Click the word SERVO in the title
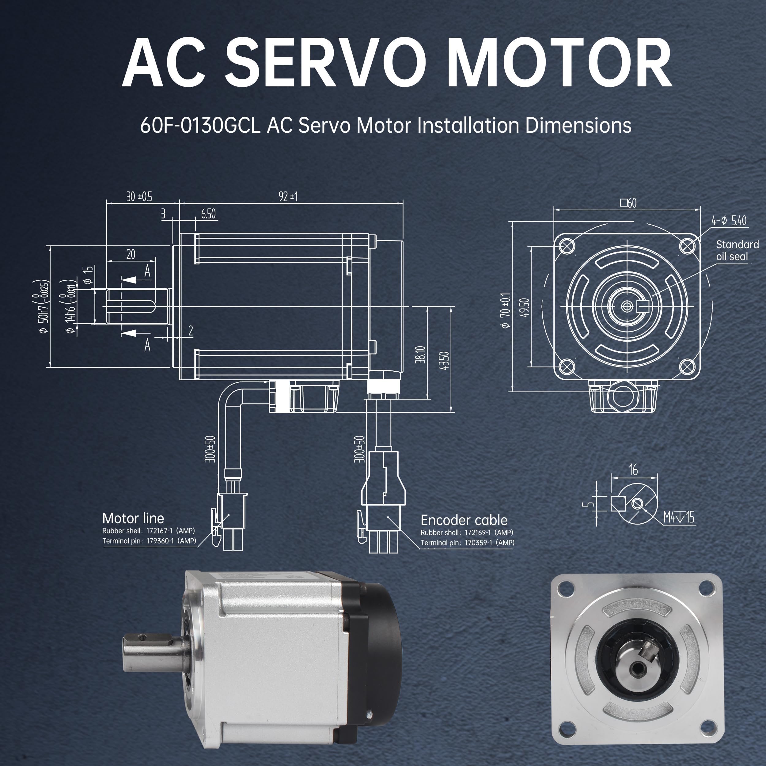pos(325,63)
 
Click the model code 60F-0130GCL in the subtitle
pos(200,125)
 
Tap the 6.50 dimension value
pos(208,214)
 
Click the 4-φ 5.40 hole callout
pos(729,220)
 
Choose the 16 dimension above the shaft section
pos(633,470)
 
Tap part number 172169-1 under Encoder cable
pos(477,533)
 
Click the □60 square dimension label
pos(628,203)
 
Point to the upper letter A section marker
pos(147,271)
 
